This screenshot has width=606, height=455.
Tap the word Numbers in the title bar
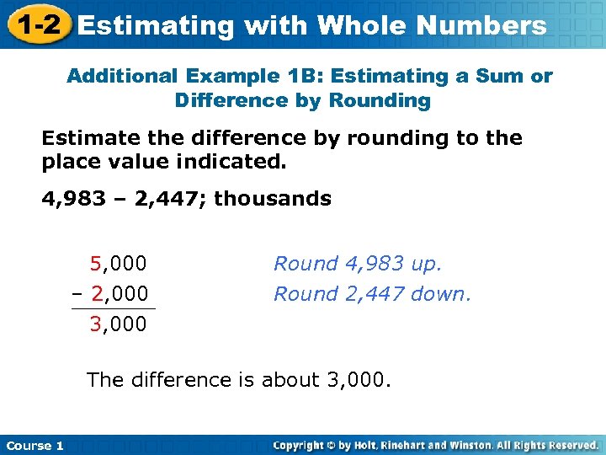coord(481,25)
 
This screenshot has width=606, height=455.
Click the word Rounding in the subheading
coord(380,101)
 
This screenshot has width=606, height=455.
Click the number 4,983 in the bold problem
coord(74,199)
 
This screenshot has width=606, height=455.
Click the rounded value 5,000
coord(119,264)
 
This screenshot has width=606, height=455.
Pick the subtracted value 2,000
coord(119,294)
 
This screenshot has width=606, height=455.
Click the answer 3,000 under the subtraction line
coord(119,324)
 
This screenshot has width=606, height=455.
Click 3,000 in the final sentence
coord(358,380)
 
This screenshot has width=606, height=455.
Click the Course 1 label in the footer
coord(35,445)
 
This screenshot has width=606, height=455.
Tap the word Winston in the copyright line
coord(465,445)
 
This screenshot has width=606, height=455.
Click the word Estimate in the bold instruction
coord(82,137)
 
